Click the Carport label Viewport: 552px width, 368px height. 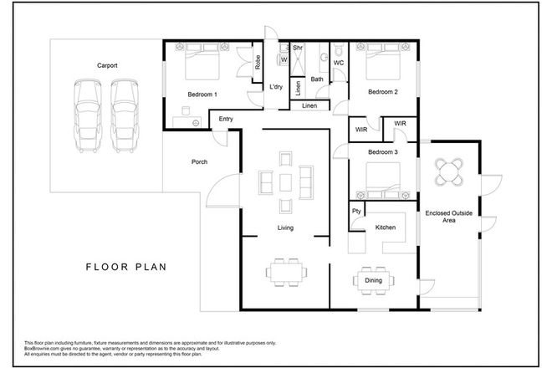106,64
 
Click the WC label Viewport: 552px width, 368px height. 340,62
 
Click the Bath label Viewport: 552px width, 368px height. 317,79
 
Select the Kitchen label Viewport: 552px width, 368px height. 385,227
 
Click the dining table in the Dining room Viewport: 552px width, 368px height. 372,281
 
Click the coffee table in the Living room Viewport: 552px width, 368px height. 285,181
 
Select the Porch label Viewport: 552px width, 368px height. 199,161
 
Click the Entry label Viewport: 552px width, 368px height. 226,119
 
